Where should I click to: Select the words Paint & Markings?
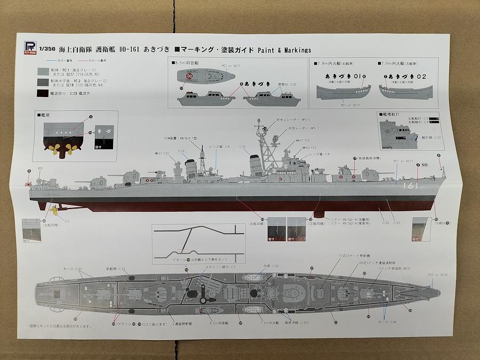point(284,50)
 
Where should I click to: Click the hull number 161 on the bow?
point(412,186)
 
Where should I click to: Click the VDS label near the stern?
point(40,169)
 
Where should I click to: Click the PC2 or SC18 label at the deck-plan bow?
point(437,275)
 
